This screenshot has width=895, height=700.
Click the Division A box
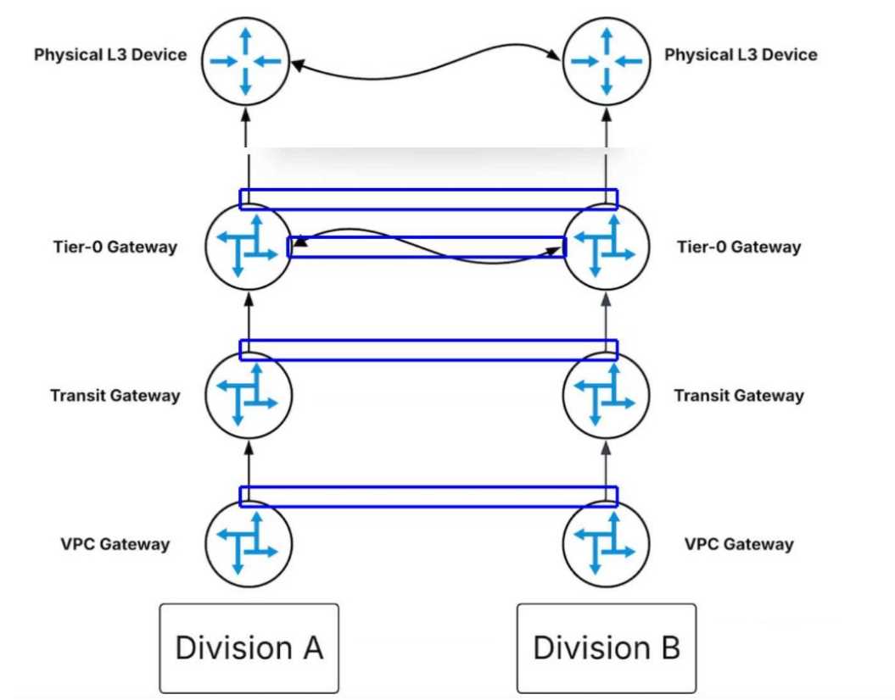pos(249,648)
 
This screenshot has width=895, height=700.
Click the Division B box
pos(606,648)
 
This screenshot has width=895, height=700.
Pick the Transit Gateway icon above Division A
pos(248,396)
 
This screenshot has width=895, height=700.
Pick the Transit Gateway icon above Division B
pos(606,396)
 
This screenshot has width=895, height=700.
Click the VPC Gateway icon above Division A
pos(248,543)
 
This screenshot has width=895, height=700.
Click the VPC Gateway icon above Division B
pos(606,543)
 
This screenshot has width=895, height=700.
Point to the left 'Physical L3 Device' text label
pos(110,55)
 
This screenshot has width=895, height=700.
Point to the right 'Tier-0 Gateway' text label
pos(739,247)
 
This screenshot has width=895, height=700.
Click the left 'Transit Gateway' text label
pos(115,396)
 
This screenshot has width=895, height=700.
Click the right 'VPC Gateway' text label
pos(739,544)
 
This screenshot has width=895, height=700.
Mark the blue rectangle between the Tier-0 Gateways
pos(427,247)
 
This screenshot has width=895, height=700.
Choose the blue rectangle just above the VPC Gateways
pos(428,497)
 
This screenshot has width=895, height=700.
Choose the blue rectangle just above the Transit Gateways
pos(428,349)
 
